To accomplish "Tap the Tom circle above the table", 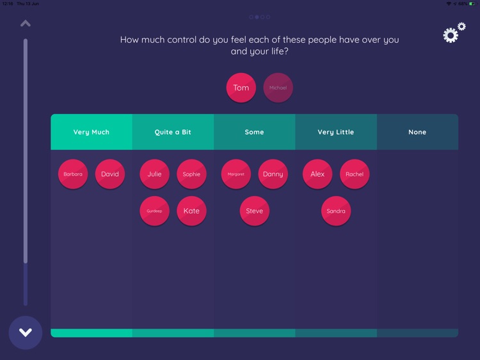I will [241, 88].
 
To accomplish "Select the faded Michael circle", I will [278, 88].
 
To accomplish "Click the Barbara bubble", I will [73, 174].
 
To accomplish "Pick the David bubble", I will [110, 174].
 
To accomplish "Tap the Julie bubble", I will [154, 174].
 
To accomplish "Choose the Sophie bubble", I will [191, 174].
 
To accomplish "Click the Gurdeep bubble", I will [154, 211].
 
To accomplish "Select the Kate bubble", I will [191, 211].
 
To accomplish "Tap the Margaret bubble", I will [236, 174].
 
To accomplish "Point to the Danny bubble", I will [273, 174].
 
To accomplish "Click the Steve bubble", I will [255, 211].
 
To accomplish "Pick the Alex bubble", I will [317, 174].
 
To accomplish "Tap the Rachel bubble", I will [355, 174].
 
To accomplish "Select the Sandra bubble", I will [336, 211].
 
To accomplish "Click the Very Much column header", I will [92, 132].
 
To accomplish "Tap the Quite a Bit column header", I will [173, 132].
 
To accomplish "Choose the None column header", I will [417, 132].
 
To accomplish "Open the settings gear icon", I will [454, 33].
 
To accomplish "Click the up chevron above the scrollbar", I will [26, 24].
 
